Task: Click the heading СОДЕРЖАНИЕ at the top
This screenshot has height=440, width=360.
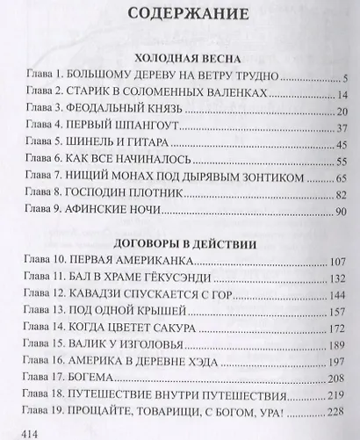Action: pyautogui.click(x=181, y=16)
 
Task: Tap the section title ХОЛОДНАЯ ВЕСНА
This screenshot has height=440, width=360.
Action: pyautogui.click(x=181, y=56)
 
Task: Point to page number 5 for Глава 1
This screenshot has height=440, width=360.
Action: pyautogui.click(x=347, y=78)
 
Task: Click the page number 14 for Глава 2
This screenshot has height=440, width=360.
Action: pyautogui.click(x=343, y=95)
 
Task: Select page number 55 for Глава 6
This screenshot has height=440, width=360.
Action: pyautogui.click(x=343, y=162)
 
